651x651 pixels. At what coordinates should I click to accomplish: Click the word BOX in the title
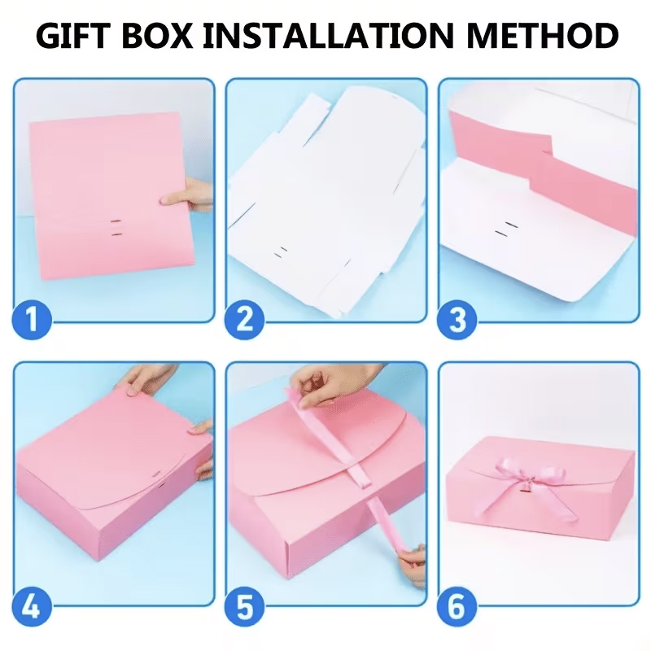pos(157,35)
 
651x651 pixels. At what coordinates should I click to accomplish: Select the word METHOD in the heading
pos(542,35)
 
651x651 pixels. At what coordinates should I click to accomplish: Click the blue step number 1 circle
pos(32,320)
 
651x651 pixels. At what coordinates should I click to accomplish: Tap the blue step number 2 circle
pos(245,320)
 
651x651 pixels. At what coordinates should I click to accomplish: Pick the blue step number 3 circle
pos(457,320)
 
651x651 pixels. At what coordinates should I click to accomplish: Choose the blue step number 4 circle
pos(32,606)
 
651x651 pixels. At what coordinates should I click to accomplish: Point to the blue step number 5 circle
pos(245,606)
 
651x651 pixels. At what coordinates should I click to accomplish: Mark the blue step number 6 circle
pos(457,606)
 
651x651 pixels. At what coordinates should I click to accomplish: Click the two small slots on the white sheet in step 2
pos(281,252)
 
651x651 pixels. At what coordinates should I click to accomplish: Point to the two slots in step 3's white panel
pos(506,229)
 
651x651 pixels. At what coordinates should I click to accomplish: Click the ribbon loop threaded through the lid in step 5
pos(359,474)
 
